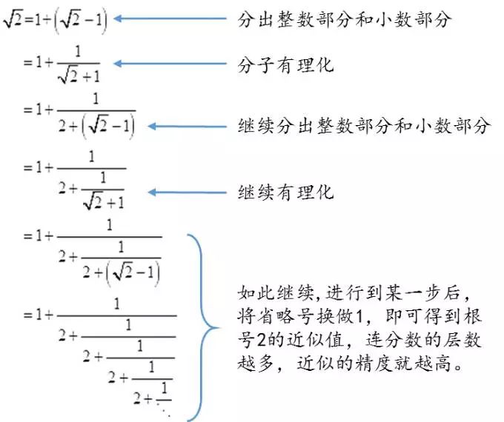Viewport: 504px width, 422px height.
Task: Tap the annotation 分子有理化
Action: click(x=285, y=64)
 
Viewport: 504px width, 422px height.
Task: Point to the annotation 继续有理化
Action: click(x=285, y=192)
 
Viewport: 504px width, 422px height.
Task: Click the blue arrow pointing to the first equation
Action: click(x=170, y=19)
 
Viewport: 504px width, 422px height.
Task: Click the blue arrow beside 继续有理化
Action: click(x=188, y=192)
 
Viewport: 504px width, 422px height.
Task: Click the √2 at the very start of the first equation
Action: click(x=12, y=18)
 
